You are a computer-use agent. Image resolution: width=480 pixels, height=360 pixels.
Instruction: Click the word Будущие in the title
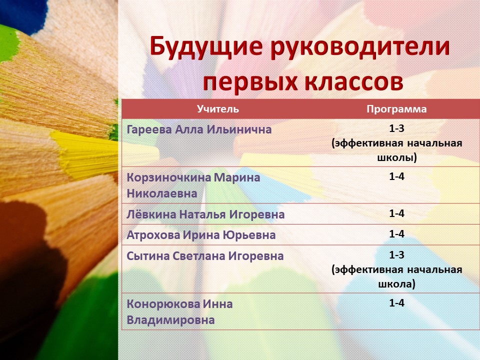(206, 46)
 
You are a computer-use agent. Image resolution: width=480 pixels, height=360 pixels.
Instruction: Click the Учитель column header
(217, 109)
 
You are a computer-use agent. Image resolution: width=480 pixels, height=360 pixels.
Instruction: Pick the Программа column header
(396, 109)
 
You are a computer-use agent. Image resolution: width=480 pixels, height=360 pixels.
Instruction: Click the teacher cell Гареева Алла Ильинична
(199, 129)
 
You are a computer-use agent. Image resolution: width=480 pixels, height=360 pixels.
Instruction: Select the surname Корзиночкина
(168, 178)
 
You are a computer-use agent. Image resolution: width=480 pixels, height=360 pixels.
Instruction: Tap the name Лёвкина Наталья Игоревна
(205, 214)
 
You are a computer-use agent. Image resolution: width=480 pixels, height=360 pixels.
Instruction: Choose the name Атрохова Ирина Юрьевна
(201, 235)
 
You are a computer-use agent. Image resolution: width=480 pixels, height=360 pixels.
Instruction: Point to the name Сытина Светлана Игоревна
(205, 256)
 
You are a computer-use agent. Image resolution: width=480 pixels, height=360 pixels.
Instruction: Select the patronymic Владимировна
(170, 320)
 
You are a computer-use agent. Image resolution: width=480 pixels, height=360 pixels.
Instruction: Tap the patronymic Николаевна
(161, 193)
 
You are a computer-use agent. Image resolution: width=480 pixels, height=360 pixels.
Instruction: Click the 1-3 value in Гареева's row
(396, 128)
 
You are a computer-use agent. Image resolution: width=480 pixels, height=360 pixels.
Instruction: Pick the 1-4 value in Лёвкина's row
(396, 213)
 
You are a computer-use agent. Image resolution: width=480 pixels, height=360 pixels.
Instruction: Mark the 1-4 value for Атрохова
(396, 234)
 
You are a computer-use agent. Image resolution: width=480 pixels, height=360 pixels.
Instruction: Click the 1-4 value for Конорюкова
(396, 303)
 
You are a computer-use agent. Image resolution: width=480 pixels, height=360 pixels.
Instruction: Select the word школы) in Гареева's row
(396, 158)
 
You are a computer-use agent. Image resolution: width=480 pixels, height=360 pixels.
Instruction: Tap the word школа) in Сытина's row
(396, 284)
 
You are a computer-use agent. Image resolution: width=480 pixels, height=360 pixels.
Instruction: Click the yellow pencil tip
(85, 151)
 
